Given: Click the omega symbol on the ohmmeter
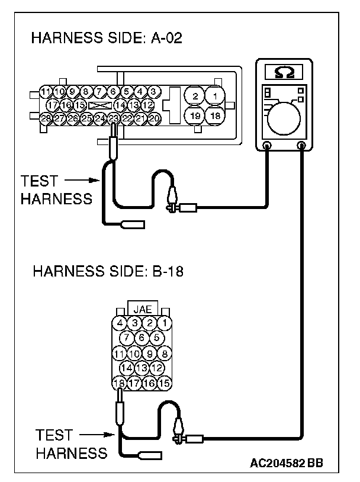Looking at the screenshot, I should pos(284,73).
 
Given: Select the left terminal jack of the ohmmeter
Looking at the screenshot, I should pos(266,145).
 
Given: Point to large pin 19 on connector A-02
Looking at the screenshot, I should pos(195,115).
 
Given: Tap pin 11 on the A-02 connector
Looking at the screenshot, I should pos(46,91).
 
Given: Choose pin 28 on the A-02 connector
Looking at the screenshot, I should pos(46,118).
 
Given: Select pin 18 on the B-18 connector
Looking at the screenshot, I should pos(120,383).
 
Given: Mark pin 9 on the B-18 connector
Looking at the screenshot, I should pos(150,354).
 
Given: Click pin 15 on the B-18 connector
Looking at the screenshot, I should pos(164,383).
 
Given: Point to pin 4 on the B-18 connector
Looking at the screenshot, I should pos(120,323).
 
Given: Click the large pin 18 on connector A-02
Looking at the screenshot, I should pos(216,115).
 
